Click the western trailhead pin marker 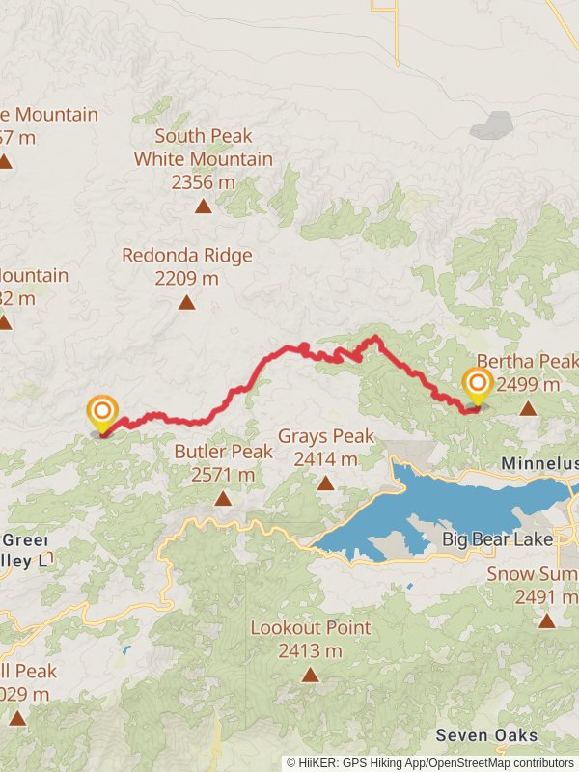point(102,414)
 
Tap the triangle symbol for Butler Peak point(223,498)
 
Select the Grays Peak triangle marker point(325,482)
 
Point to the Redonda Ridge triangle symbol point(186,302)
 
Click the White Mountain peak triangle point(203,206)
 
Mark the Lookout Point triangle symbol point(310,675)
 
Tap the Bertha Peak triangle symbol point(528,408)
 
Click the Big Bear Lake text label point(497,539)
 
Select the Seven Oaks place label point(486,735)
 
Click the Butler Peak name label point(223,452)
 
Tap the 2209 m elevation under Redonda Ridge point(186,279)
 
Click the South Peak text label point(203,136)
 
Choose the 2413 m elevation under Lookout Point point(310,651)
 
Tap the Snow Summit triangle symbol point(547,620)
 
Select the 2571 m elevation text point(223,474)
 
